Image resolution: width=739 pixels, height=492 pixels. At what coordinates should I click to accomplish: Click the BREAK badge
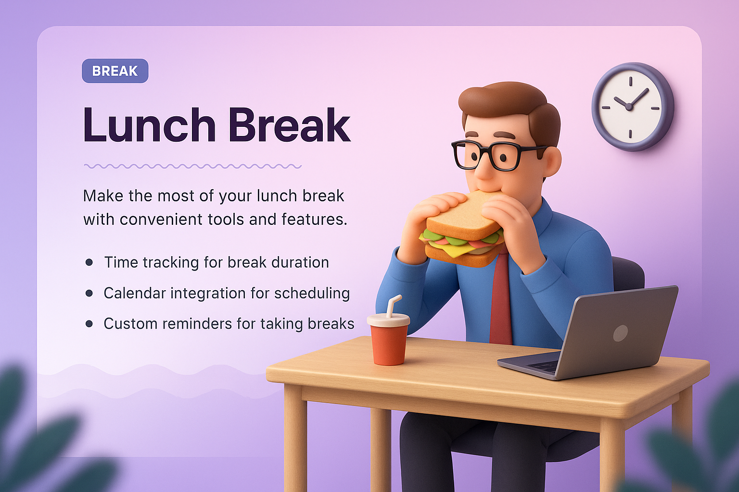115,71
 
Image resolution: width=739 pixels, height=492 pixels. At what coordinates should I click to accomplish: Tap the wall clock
632,107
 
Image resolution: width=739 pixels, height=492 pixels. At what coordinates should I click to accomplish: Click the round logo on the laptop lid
620,333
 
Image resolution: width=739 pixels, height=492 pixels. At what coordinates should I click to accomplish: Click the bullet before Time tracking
89,262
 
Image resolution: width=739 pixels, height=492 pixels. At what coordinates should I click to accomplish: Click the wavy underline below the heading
192,166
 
